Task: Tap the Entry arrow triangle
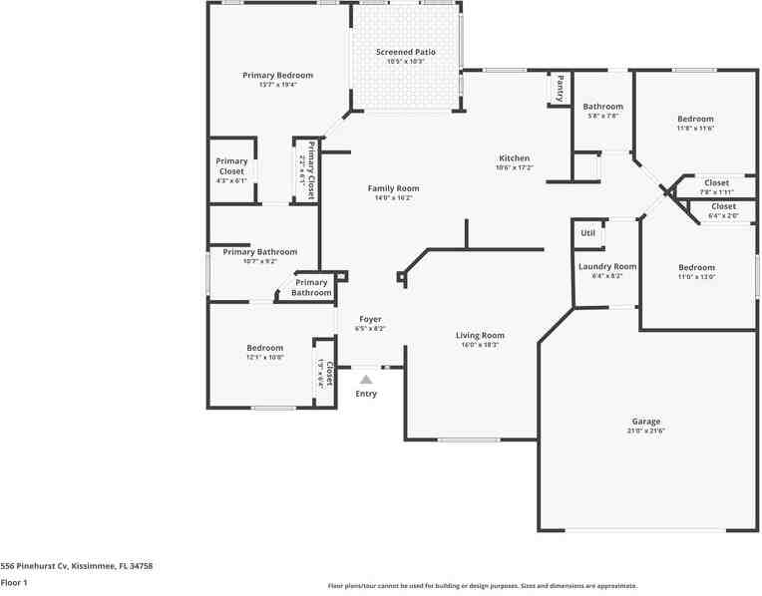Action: (x=366, y=379)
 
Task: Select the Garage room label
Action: (x=645, y=422)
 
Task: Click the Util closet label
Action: (x=587, y=233)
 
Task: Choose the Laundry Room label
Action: (x=606, y=266)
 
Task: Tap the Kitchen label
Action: (x=515, y=158)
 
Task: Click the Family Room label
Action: (x=393, y=188)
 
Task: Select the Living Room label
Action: (x=480, y=336)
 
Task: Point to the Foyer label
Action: (x=370, y=319)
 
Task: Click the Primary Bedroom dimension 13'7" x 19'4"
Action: (x=277, y=85)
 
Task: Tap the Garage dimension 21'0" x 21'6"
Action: (x=645, y=431)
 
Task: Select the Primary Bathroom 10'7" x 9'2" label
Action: (x=260, y=252)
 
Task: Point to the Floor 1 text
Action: (x=14, y=582)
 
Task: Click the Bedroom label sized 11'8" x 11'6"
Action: (x=695, y=119)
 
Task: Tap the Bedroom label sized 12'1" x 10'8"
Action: (x=265, y=348)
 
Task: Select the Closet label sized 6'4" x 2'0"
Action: (x=723, y=206)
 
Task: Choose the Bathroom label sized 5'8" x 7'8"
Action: (x=602, y=107)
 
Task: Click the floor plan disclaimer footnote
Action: (x=483, y=586)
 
